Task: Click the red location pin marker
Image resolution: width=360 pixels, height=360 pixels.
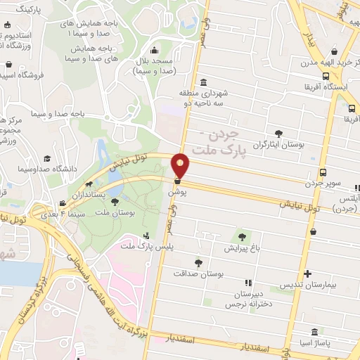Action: click(x=181, y=165)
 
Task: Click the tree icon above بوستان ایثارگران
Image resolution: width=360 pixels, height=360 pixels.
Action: click(x=279, y=133)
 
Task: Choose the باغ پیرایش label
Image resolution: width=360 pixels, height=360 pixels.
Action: click(x=243, y=248)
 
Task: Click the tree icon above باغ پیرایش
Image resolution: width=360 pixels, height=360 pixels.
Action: click(x=243, y=237)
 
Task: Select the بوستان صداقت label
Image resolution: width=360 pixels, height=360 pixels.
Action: click(x=200, y=274)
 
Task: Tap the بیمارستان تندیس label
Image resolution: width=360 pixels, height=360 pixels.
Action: click(x=307, y=285)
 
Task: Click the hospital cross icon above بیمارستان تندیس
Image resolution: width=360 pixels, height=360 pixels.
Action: click(x=307, y=274)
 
